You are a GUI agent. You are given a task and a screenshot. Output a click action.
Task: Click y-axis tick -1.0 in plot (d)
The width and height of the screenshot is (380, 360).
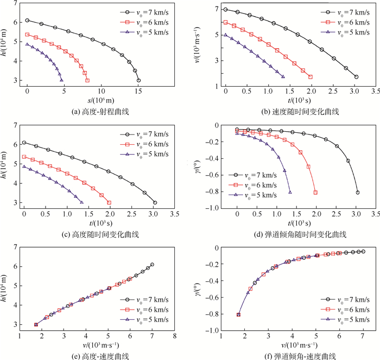coord(213,208)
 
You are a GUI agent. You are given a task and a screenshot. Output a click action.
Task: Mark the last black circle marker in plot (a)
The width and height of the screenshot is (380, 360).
coord(139,80)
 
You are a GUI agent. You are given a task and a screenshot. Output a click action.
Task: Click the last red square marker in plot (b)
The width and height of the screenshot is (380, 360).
coord(310,77)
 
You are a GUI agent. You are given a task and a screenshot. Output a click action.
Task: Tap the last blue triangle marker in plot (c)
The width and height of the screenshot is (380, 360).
coord(81,203)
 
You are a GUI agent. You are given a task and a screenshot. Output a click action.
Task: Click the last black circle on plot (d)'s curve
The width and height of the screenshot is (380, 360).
coord(357,192)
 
